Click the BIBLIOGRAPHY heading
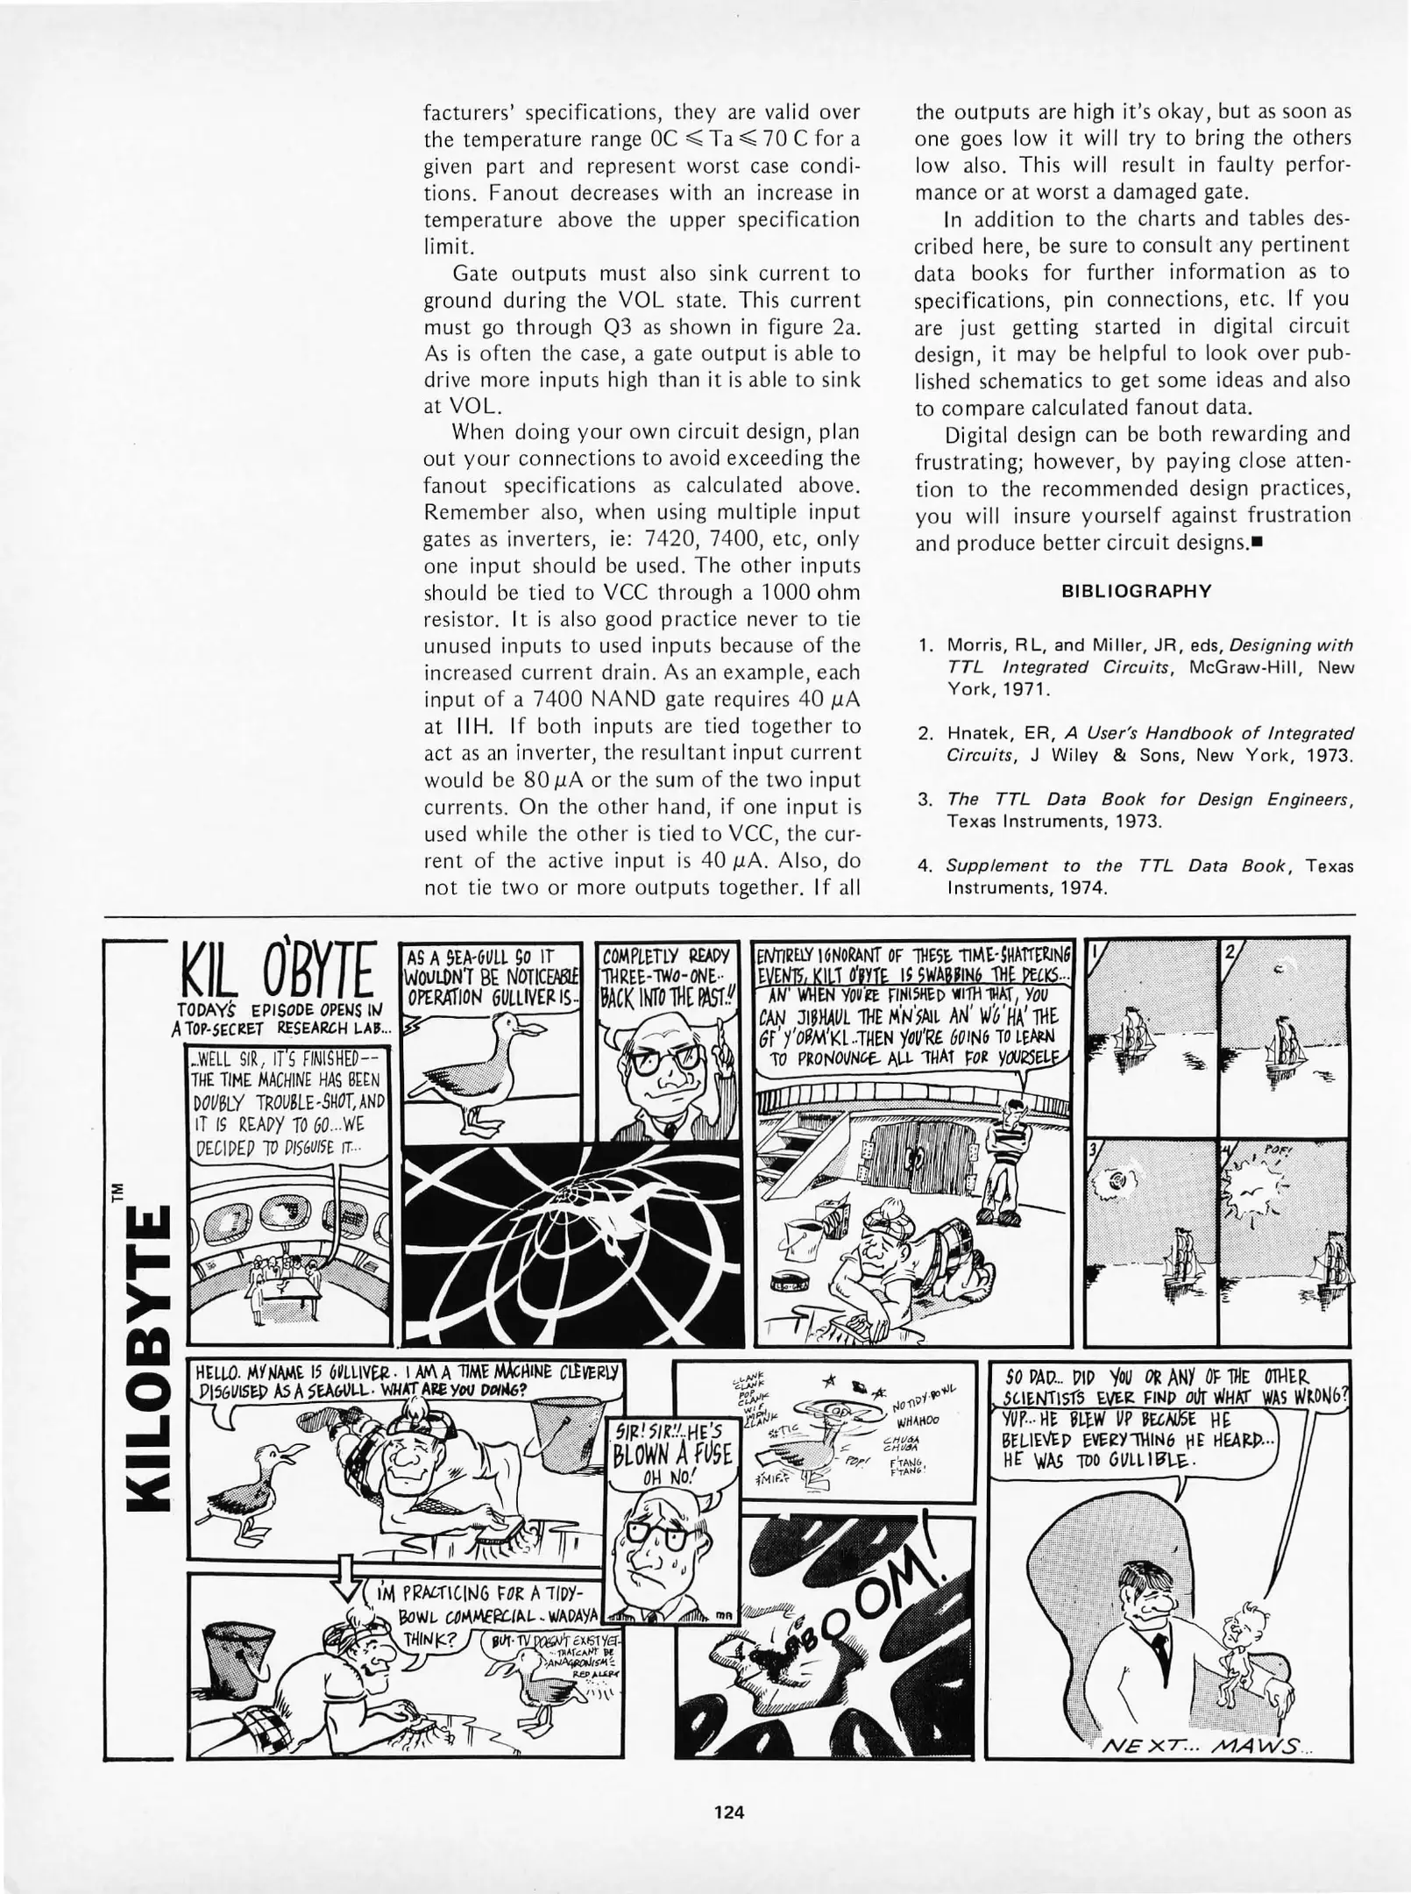[x=1136, y=591]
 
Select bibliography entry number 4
[x=1136, y=876]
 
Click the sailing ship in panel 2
[x=1285, y=1047]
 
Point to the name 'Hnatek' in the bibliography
[x=976, y=733]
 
